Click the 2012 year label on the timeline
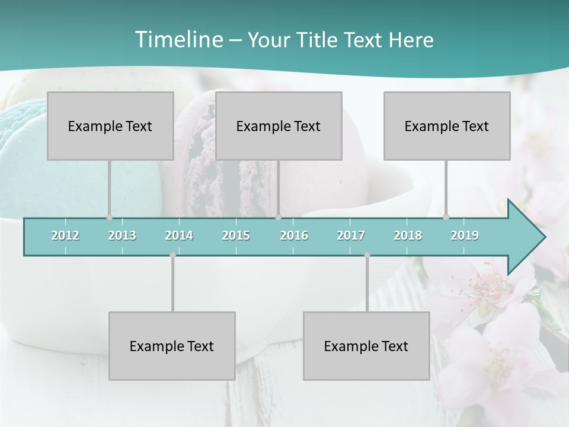(65, 235)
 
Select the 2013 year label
(122, 235)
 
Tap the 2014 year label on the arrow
(179, 235)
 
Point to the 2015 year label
(236, 235)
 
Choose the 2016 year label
(294, 235)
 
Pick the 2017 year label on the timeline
(351, 235)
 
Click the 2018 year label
(408, 235)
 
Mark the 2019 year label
(465, 235)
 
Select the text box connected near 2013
(110, 126)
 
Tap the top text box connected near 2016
(279, 126)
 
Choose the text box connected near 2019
(447, 126)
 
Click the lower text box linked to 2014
(172, 346)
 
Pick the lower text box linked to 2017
(366, 346)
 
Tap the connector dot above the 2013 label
(109, 217)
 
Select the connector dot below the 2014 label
(172, 255)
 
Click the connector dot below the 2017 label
(367, 255)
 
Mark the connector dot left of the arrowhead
(446, 217)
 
